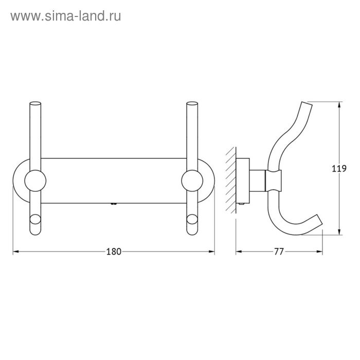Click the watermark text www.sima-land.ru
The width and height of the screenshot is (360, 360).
(65, 16)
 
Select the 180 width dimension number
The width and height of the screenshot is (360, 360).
(113, 251)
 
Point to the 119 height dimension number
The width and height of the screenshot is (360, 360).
(340, 168)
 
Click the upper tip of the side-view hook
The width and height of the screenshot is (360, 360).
(305, 105)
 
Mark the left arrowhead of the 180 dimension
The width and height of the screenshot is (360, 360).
(15, 251)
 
